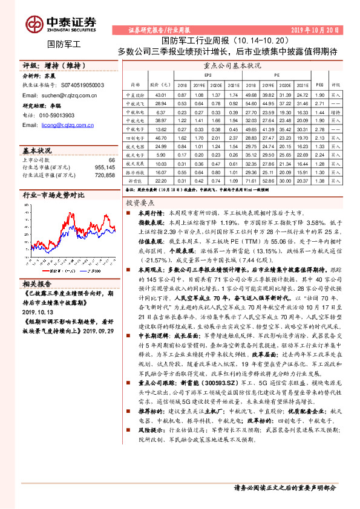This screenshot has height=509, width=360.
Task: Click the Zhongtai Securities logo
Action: (x=60, y=23)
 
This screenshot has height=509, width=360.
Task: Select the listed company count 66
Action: (x=111, y=160)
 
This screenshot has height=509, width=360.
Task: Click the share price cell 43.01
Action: (x=160, y=96)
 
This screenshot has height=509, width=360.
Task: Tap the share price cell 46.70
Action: (x=160, y=138)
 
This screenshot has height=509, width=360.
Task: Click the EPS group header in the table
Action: (x=208, y=75)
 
